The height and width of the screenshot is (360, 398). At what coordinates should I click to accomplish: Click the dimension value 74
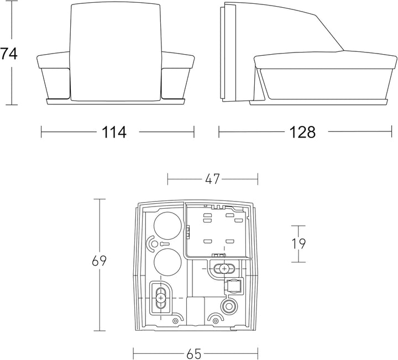coord(9,54)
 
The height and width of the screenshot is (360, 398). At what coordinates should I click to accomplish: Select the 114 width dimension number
coord(114,132)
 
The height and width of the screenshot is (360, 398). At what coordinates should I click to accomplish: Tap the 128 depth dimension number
coord(302,132)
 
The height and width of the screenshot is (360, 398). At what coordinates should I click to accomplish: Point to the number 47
coord(212,179)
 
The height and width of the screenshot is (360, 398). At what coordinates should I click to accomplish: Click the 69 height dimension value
coord(99,261)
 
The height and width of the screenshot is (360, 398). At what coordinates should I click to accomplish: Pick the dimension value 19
coord(298,244)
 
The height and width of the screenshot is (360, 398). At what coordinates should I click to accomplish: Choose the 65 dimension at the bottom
coord(194,354)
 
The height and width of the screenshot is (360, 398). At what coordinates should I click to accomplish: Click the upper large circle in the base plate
coord(168,225)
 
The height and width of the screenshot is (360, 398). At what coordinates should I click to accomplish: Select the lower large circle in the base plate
coord(168,262)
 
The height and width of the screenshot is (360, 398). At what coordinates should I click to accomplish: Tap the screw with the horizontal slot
coord(224,268)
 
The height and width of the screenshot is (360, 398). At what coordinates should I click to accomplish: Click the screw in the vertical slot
coord(160,298)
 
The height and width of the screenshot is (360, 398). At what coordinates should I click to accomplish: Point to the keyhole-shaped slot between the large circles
coord(164,244)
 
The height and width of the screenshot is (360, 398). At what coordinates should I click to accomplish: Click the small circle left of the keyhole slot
coord(154,244)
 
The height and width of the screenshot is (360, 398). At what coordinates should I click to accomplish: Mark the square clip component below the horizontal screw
coord(233,286)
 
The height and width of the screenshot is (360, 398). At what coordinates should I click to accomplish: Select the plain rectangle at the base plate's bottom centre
coord(196,311)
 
